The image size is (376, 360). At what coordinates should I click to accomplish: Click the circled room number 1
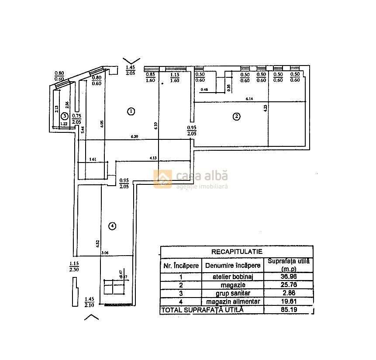pyautogui.click(x=130, y=111)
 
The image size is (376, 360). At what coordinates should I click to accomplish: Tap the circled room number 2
pyautogui.click(x=236, y=116)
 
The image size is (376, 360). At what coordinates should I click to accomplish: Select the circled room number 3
pyautogui.click(x=64, y=116)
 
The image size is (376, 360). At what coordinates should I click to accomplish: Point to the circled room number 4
pyautogui.click(x=113, y=226)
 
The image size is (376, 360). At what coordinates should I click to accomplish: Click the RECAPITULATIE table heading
pyautogui.click(x=236, y=252)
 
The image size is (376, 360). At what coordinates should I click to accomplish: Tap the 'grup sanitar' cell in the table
pyautogui.click(x=232, y=294)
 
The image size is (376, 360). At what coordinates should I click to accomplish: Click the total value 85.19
pyautogui.click(x=288, y=310)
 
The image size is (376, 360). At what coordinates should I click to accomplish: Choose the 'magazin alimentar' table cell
pyautogui.click(x=232, y=302)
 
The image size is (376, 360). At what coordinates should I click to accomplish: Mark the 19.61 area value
pyautogui.click(x=288, y=302)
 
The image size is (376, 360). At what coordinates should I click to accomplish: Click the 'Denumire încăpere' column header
pyautogui.click(x=232, y=265)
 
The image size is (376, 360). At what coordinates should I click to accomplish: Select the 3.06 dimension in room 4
pyautogui.click(x=104, y=253)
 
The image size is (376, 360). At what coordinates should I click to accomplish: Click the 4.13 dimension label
pyautogui.click(x=153, y=158)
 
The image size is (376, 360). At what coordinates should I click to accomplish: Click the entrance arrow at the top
pyautogui.click(x=131, y=61)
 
